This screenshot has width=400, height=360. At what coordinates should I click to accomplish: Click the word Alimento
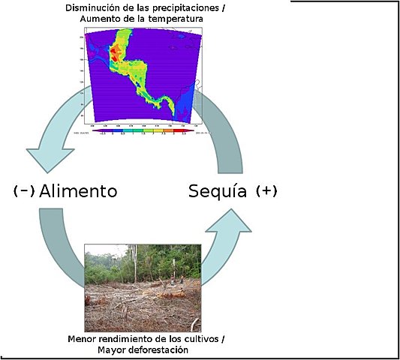coord(78,190)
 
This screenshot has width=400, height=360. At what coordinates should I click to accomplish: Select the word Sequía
coord(217,191)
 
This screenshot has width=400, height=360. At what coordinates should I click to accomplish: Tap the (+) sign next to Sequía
coord(266,190)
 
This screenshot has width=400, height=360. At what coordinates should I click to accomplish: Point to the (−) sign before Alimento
coord(24,190)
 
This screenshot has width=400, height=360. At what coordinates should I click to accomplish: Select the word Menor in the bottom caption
coord(81,339)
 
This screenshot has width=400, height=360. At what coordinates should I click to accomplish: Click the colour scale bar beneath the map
coord(143,130)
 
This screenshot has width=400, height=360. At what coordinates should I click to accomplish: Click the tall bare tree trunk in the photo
coord(136,262)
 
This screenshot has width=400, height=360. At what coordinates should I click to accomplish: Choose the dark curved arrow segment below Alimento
coord(60,240)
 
